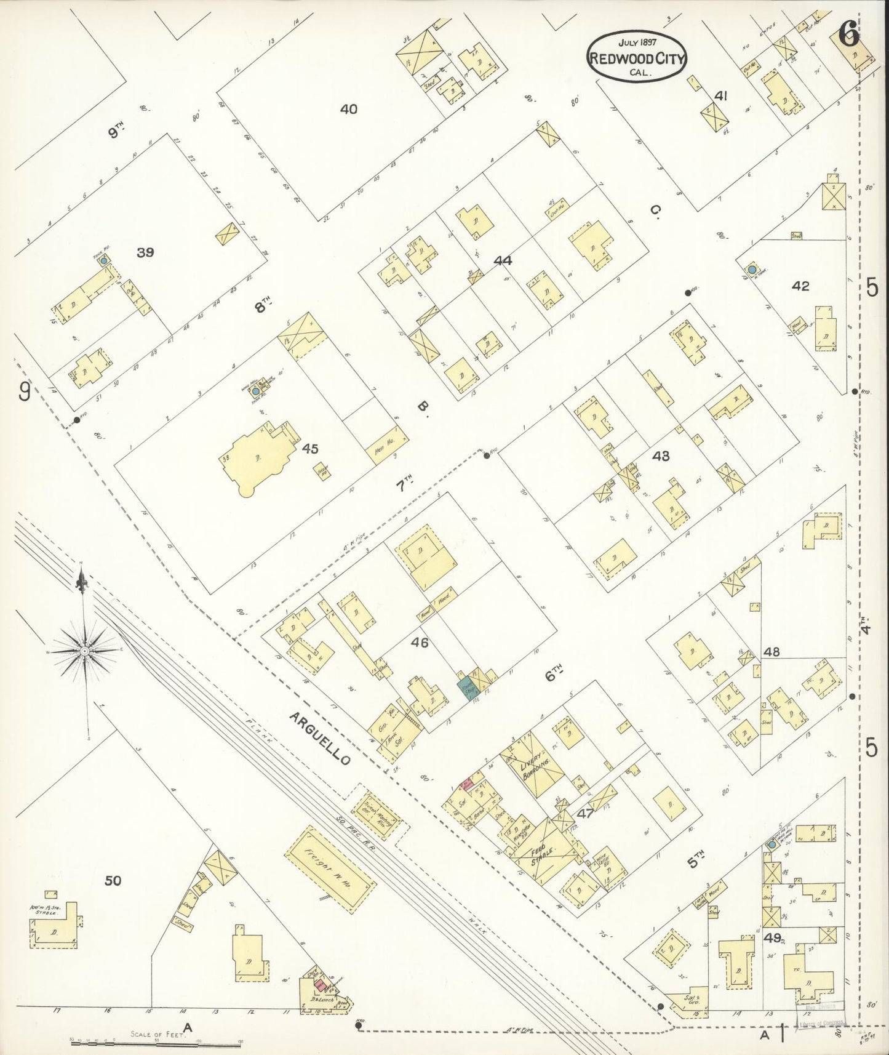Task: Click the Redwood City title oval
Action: click(637, 57)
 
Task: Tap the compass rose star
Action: click(84, 650)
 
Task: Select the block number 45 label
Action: click(310, 449)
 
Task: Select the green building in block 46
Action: click(466, 688)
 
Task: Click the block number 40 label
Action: click(348, 110)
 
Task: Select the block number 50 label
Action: click(113, 881)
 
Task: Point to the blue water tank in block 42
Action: click(751, 270)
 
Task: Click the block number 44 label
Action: click(503, 260)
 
